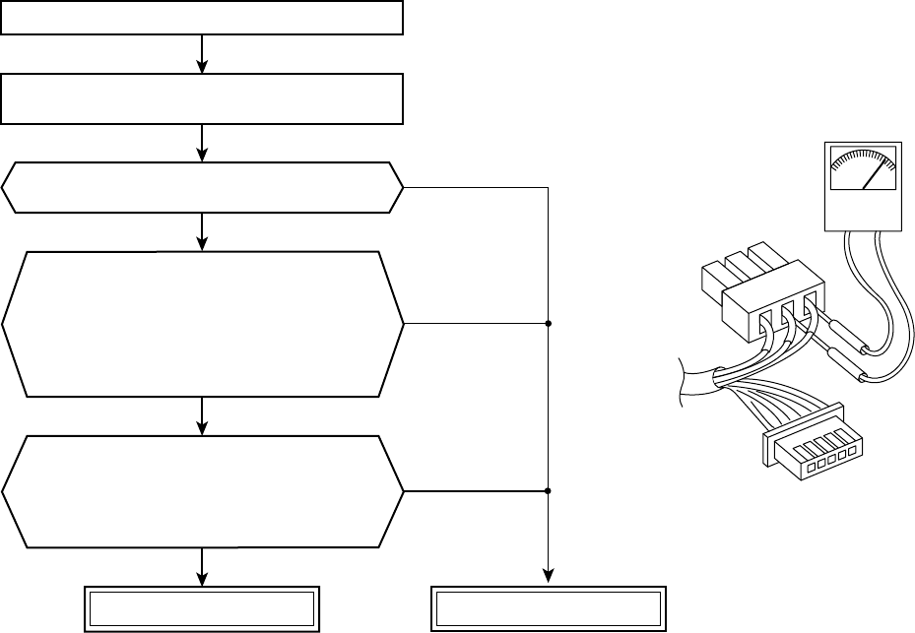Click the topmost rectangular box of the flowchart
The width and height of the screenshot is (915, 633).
[202, 18]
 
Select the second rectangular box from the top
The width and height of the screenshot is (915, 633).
[202, 98]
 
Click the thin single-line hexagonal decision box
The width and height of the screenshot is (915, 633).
[202, 187]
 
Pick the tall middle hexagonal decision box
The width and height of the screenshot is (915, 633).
[202, 324]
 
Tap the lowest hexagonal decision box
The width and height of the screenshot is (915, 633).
[202, 490]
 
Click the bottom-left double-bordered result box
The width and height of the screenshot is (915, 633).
[202, 609]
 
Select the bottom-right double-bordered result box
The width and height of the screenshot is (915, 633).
[547, 609]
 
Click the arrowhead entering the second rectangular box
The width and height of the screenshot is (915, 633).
[202, 67]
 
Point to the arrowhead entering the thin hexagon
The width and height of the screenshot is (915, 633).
[202, 155]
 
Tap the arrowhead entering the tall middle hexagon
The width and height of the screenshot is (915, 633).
[202, 244]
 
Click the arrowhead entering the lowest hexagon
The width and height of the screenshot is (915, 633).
[202, 429]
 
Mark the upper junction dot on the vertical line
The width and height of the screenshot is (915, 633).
[547, 323]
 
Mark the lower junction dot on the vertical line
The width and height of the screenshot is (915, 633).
[547, 490]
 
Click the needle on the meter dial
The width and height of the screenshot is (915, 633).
[872, 175]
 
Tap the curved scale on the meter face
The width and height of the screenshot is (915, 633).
[862, 159]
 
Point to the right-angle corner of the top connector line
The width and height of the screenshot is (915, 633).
[547, 187]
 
